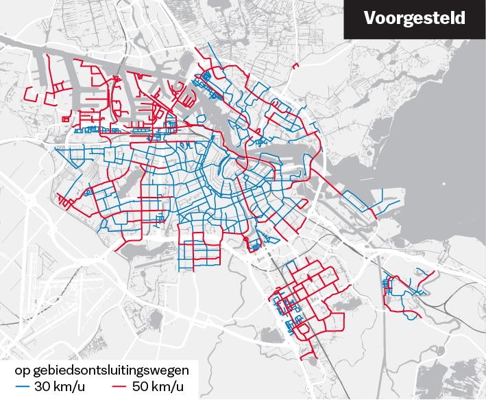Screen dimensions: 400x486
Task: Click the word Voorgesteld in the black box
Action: tap(414, 19)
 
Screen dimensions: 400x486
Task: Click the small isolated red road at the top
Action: tap(296, 66)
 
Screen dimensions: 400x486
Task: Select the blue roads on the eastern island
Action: tap(356, 200)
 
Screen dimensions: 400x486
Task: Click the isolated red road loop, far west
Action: tap(41, 93)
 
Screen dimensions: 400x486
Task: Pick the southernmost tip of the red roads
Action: tap(313, 357)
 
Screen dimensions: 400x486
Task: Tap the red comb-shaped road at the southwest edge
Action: tap(65, 202)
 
